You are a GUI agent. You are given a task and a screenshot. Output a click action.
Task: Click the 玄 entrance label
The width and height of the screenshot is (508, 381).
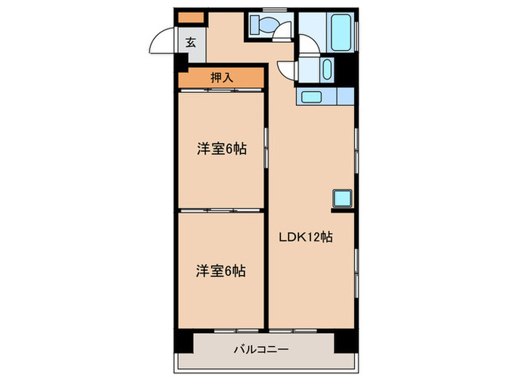pos(191,42)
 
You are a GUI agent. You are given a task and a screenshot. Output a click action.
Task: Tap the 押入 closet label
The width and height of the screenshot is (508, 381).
pos(221,78)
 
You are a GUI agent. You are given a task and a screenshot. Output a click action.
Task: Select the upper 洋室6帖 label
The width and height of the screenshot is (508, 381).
pos(221,149)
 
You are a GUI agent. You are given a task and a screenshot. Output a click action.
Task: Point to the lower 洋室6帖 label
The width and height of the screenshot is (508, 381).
pos(221,271)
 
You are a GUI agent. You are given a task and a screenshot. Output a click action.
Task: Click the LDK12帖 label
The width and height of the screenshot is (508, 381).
pos(306,237)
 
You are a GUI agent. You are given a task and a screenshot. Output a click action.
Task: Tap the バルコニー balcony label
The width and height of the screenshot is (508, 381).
pos(261,350)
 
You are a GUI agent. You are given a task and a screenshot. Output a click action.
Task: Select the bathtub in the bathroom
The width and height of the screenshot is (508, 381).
pos(341,33)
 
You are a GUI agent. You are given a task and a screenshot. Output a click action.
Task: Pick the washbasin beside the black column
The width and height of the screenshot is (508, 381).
pos(327,69)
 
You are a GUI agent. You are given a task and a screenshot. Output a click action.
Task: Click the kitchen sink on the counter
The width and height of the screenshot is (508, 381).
pos(311,97)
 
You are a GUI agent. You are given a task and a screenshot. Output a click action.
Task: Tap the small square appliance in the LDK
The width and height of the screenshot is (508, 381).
pos(342,199)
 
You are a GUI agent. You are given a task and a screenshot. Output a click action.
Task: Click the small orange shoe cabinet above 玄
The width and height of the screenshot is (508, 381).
pos(191,17)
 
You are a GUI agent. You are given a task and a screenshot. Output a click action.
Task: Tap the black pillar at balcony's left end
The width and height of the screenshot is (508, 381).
pos(184,341)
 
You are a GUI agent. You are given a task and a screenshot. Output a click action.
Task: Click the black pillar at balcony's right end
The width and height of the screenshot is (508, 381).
pos(346,342)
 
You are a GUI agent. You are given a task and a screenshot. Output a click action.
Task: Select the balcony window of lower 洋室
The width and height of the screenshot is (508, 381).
pos(236,331)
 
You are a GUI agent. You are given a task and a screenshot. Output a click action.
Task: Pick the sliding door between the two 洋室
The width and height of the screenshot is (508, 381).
pos(221,210)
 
